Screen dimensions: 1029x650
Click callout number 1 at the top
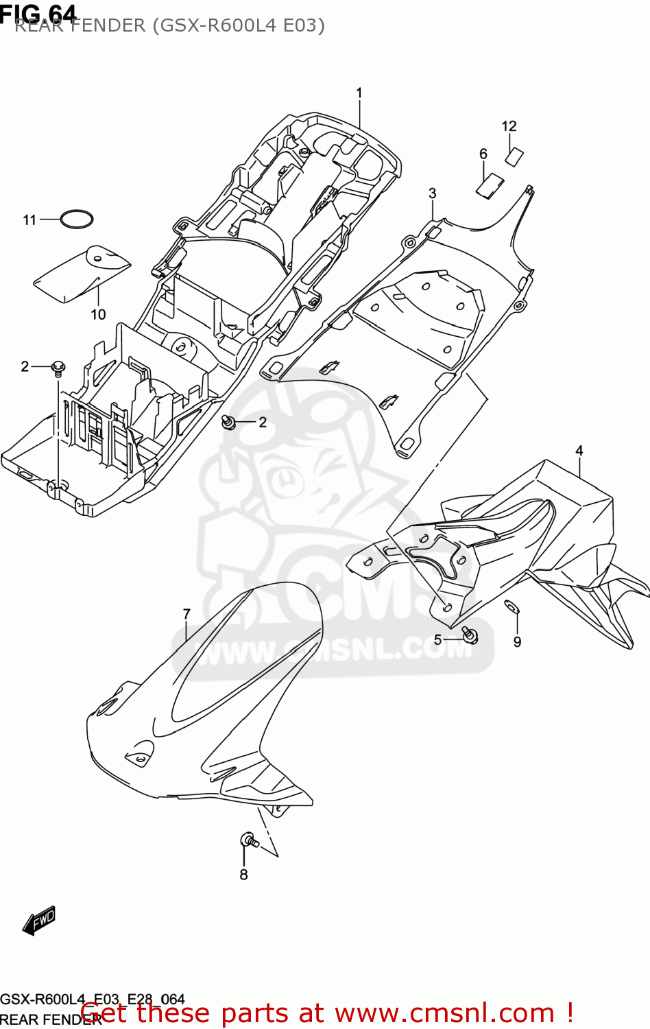pyautogui.click(x=359, y=93)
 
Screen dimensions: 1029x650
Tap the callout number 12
pyautogui.click(x=509, y=126)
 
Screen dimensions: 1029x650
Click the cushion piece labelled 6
pyautogui.click(x=490, y=186)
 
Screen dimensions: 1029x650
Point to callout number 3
pyautogui.click(x=432, y=193)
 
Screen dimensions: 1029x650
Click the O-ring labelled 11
pyautogui.click(x=76, y=220)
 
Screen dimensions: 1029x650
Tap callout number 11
pyautogui.click(x=29, y=220)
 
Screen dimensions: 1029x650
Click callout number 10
pyautogui.click(x=98, y=314)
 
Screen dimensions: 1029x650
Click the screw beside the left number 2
pyautogui.click(x=58, y=368)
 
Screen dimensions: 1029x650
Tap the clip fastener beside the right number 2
pyautogui.click(x=229, y=423)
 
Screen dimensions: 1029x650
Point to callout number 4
pyautogui.click(x=579, y=451)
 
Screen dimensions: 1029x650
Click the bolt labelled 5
pyautogui.click(x=470, y=635)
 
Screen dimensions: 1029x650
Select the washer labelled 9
pyautogui.click(x=511, y=606)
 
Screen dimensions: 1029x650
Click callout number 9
pyautogui.click(x=517, y=642)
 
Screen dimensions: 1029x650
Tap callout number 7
pyautogui.click(x=186, y=614)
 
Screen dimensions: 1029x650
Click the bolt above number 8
pyautogui.click(x=248, y=840)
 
